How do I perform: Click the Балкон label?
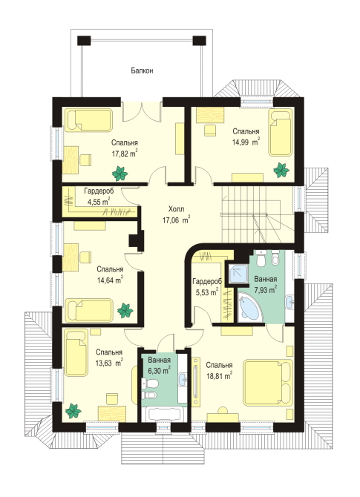pos(142,70)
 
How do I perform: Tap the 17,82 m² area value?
pos(125,154)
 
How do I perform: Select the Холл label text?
pos(176,209)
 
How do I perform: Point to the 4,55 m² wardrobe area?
pos(99,202)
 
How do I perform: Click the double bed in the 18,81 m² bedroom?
pos(267,382)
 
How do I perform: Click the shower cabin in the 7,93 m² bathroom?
pos(238,274)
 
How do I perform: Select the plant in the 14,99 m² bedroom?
pos(281,170)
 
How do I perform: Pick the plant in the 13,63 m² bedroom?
pos(73,411)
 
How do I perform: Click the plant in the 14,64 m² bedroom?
pos(125,311)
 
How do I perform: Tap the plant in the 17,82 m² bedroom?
pos(120,174)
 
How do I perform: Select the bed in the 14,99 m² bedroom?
pos(280,133)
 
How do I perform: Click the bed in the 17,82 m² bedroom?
pos(89,120)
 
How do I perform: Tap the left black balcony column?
pos(84,41)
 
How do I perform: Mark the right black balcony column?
pos(199,41)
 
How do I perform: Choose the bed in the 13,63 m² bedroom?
pos(76,352)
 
